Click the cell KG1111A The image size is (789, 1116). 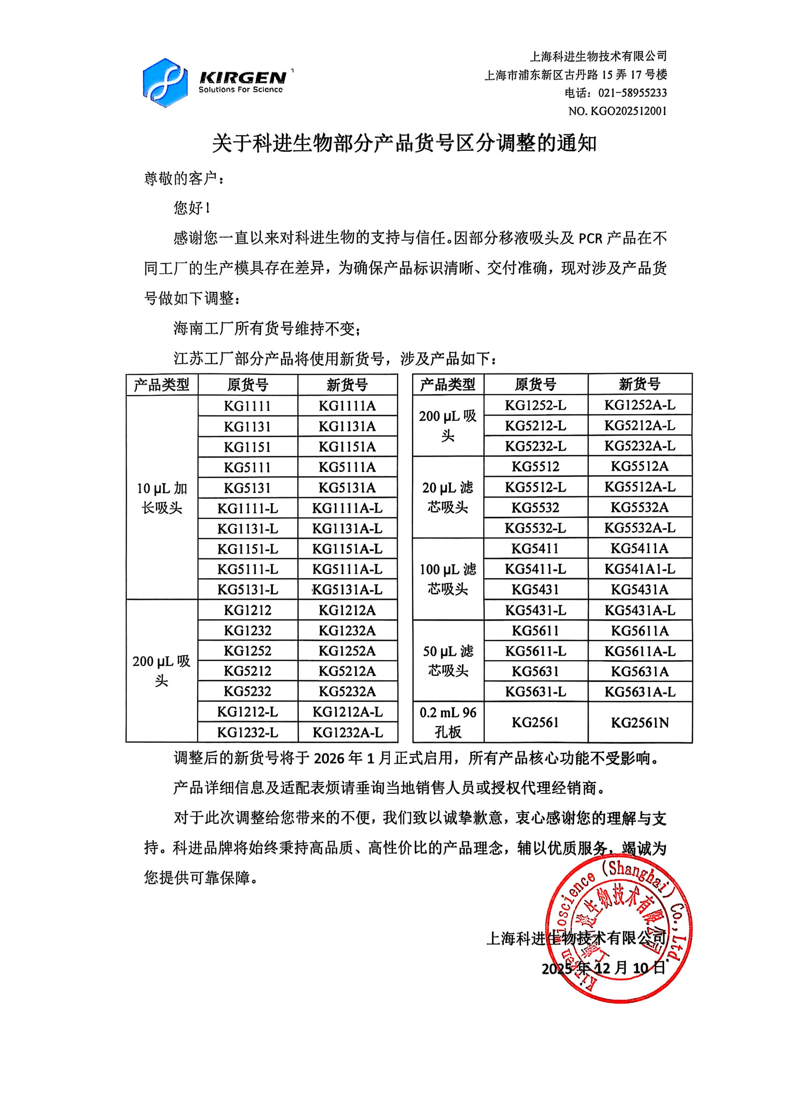pyautogui.click(x=347, y=406)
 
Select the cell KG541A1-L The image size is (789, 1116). pyautogui.click(x=640, y=569)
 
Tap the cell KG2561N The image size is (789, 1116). pyautogui.click(x=640, y=723)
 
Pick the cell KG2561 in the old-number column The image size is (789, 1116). pyautogui.click(x=535, y=723)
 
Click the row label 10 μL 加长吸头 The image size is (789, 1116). pyautogui.click(x=161, y=498)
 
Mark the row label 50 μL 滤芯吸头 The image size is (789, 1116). pyautogui.click(x=448, y=661)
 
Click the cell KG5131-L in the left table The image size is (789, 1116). pyautogui.click(x=248, y=590)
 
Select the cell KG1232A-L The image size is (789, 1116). pyautogui.click(x=347, y=732)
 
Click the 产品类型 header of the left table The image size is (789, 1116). pyautogui.click(x=161, y=385)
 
